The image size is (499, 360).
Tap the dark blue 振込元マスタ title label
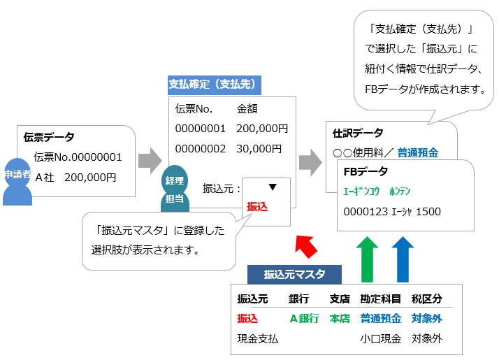(x=295, y=275)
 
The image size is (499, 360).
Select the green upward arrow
(x=368, y=258)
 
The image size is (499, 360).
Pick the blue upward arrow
(x=403, y=258)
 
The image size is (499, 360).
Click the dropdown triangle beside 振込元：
(x=273, y=187)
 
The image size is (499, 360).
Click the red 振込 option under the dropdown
(x=257, y=206)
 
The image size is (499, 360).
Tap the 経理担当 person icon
(x=174, y=189)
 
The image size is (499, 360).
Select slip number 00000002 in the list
(x=200, y=148)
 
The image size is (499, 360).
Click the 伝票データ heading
(x=49, y=137)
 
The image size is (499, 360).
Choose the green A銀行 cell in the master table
(x=304, y=318)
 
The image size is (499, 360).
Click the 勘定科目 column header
(x=380, y=298)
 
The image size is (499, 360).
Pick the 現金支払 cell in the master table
(x=258, y=339)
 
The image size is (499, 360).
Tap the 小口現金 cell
(x=380, y=339)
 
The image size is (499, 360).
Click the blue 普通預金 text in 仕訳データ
(x=418, y=152)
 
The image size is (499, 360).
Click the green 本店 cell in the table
(x=340, y=318)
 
